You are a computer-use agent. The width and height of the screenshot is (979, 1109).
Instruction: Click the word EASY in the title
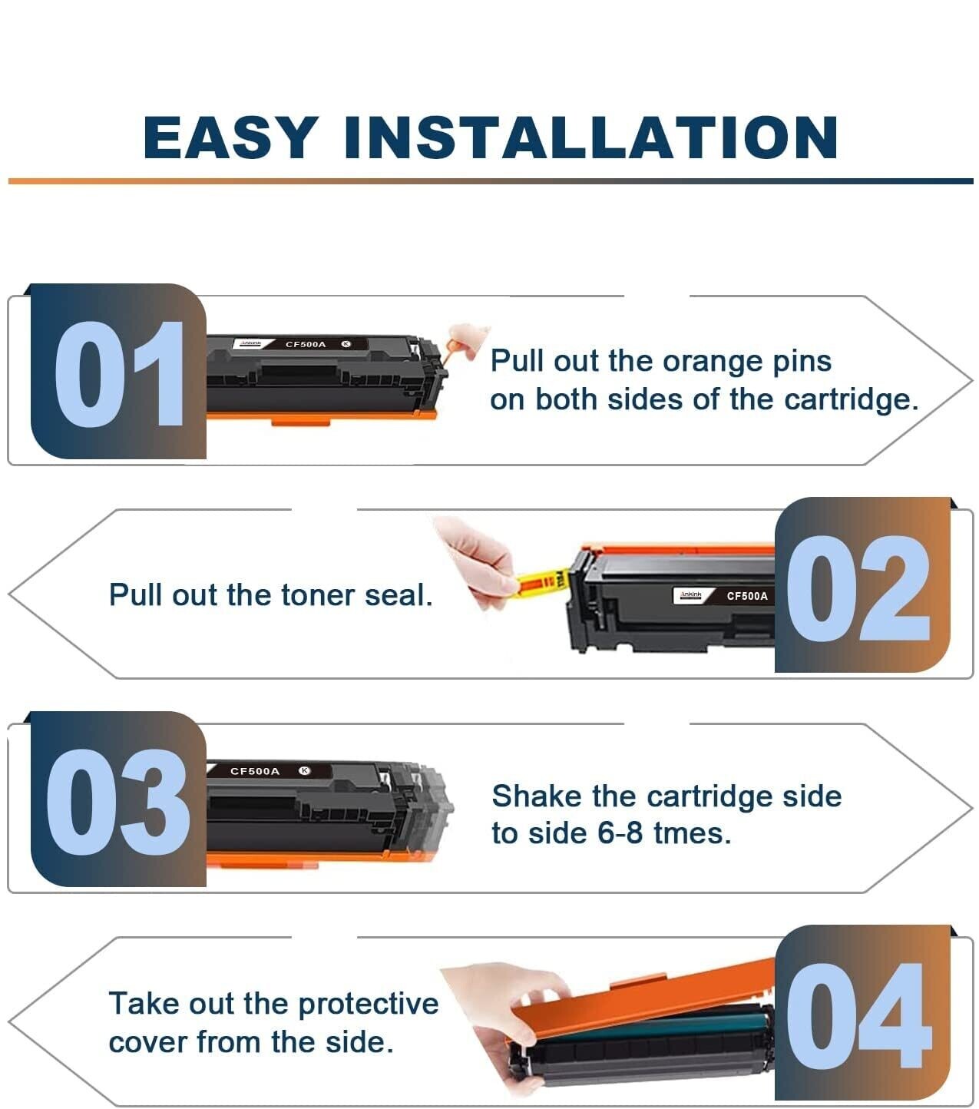coord(231,137)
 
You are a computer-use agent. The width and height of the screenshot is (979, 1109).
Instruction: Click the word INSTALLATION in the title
coord(591,137)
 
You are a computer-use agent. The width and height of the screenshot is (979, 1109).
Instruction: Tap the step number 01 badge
coord(118,371)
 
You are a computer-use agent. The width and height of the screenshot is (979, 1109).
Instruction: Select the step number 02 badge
coord(862,584)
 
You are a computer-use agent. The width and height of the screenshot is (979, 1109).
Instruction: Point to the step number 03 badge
coord(118,799)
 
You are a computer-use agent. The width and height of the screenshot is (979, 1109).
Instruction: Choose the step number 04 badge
coord(862,1013)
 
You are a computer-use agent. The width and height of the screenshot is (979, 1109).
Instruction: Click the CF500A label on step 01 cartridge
coord(306,344)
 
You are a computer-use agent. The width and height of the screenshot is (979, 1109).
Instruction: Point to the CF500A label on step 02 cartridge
coord(747,595)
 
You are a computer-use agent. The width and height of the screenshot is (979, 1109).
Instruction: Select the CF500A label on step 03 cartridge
coord(255,771)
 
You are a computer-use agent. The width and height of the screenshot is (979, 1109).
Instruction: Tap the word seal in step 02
coord(399,594)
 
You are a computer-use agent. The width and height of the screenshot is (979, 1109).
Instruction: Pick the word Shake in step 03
coord(537,796)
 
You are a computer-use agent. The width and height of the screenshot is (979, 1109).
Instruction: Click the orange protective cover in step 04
coord(640,1002)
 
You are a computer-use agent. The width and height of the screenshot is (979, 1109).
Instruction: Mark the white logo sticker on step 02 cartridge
coord(688,595)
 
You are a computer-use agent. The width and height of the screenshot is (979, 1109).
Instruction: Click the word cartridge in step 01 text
coord(851,400)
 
